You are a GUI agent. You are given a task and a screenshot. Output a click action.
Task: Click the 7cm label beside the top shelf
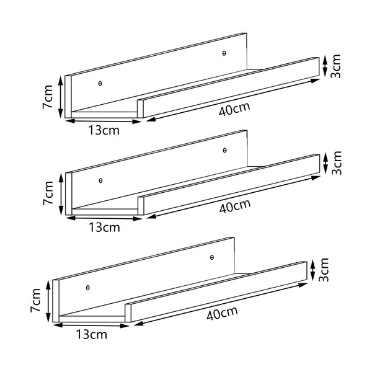pos(48,98)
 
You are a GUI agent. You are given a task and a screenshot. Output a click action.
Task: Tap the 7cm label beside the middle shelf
pos(48,193)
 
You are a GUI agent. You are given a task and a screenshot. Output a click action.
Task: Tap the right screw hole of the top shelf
pos(224,53)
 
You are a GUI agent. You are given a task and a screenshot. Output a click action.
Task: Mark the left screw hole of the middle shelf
pos(100,180)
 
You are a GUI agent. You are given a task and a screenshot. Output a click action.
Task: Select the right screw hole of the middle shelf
pos(224,150)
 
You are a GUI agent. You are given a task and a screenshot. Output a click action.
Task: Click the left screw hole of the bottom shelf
pos(88,287)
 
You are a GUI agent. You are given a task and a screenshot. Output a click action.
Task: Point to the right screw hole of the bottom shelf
pos(212,257)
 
